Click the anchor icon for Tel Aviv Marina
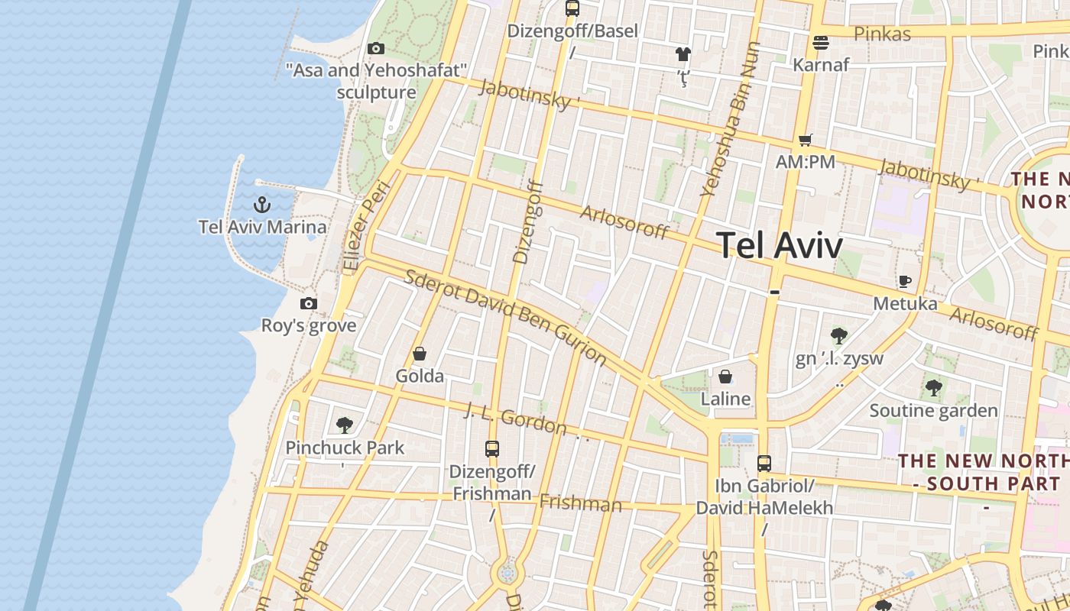(262, 205)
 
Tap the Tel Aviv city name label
(780, 246)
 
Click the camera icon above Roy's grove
(309, 303)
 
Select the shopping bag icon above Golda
(420, 354)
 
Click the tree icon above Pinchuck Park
(345, 425)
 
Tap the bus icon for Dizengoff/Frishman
(492, 449)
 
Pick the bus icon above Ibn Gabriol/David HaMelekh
(764, 463)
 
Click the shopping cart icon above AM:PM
(805, 140)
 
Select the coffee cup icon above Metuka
(905, 282)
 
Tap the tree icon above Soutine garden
(933, 388)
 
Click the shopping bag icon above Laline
(725, 377)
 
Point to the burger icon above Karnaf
(821, 43)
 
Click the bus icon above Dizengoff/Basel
(572, 8)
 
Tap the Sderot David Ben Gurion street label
(504, 317)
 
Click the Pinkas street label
(883, 34)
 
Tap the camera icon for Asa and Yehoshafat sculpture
(376, 49)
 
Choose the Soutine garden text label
(933, 411)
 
